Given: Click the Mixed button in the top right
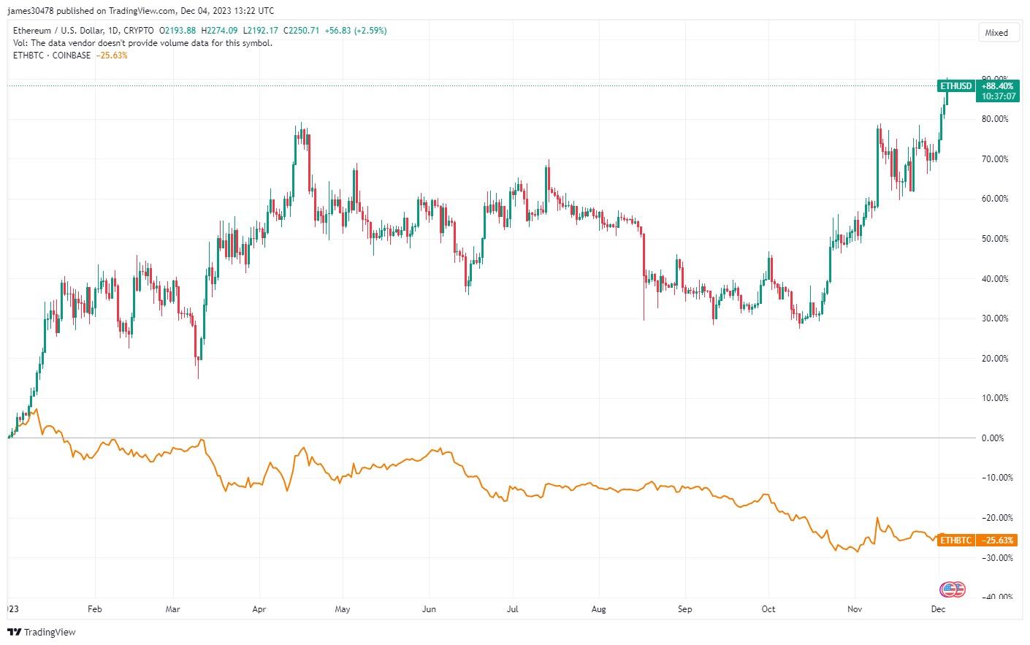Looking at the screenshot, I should coord(998,33).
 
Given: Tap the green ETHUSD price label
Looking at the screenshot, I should coord(956,86).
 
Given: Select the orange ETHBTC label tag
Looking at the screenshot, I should coord(956,541).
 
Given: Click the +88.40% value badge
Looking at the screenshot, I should coord(998,86).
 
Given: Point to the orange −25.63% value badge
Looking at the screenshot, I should coord(998,541).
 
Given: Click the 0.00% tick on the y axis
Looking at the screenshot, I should coord(993,438).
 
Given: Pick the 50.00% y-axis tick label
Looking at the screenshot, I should coord(995,239).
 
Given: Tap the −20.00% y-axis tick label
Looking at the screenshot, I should coord(996,518).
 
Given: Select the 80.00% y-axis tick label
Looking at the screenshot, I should coord(995,119).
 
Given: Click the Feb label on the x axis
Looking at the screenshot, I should coord(95,609).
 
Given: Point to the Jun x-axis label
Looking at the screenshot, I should coord(429,609).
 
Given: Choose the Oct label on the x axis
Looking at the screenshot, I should coord(768,609).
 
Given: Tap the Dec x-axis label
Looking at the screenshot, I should coord(938,609).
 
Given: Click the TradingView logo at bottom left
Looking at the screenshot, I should coord(42,632).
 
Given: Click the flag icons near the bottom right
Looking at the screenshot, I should coord(953,589).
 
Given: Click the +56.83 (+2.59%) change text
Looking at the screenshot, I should coord(356,31).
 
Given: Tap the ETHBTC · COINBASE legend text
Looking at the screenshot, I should coord(52,56).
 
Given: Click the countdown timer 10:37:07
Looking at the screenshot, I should coord(999,96).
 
